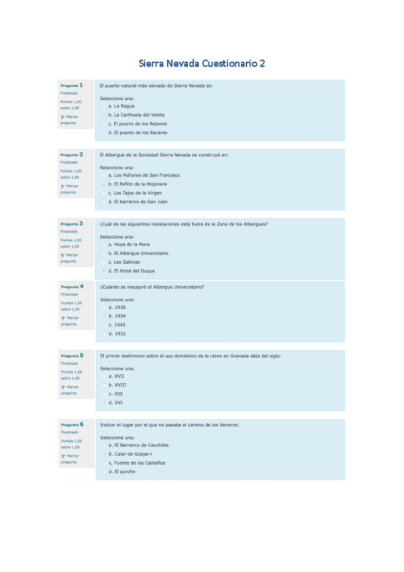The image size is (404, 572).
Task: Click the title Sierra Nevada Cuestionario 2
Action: [202, 63]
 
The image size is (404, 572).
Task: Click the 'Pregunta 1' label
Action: [71, 86]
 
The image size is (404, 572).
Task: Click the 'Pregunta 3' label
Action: [71, 223]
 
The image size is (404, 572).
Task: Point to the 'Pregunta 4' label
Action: [72, 287]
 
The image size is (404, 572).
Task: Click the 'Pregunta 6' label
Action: [72, 425]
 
